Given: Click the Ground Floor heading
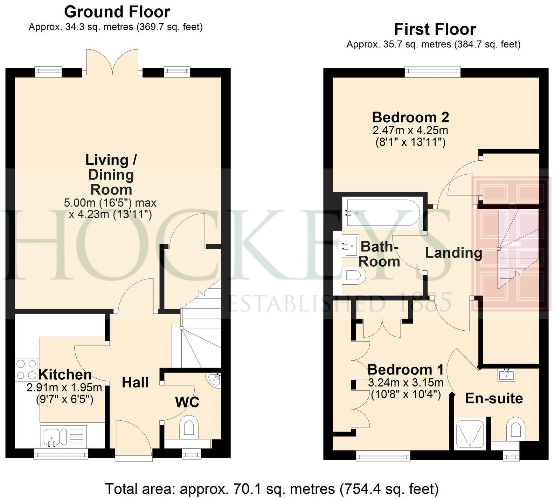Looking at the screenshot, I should (x=117, y=12).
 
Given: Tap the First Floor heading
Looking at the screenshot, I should (x=435, y=29).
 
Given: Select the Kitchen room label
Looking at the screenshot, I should (x=65, y=375).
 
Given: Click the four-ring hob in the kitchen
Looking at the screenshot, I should (x=27, y=369).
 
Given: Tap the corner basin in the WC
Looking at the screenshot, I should (x=215, y=380).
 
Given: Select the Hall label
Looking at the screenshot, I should (x=135, y=382).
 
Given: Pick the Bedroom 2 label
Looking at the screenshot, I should (x=410, y=117).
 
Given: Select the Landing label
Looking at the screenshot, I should (x=453, y=253).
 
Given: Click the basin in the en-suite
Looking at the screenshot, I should (x=506, y=375).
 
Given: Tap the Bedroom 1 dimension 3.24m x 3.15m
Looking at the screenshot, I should (x=405, y=382).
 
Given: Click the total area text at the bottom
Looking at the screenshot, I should (x=272, y=488).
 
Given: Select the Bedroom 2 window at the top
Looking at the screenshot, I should (x=432, y=72).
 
